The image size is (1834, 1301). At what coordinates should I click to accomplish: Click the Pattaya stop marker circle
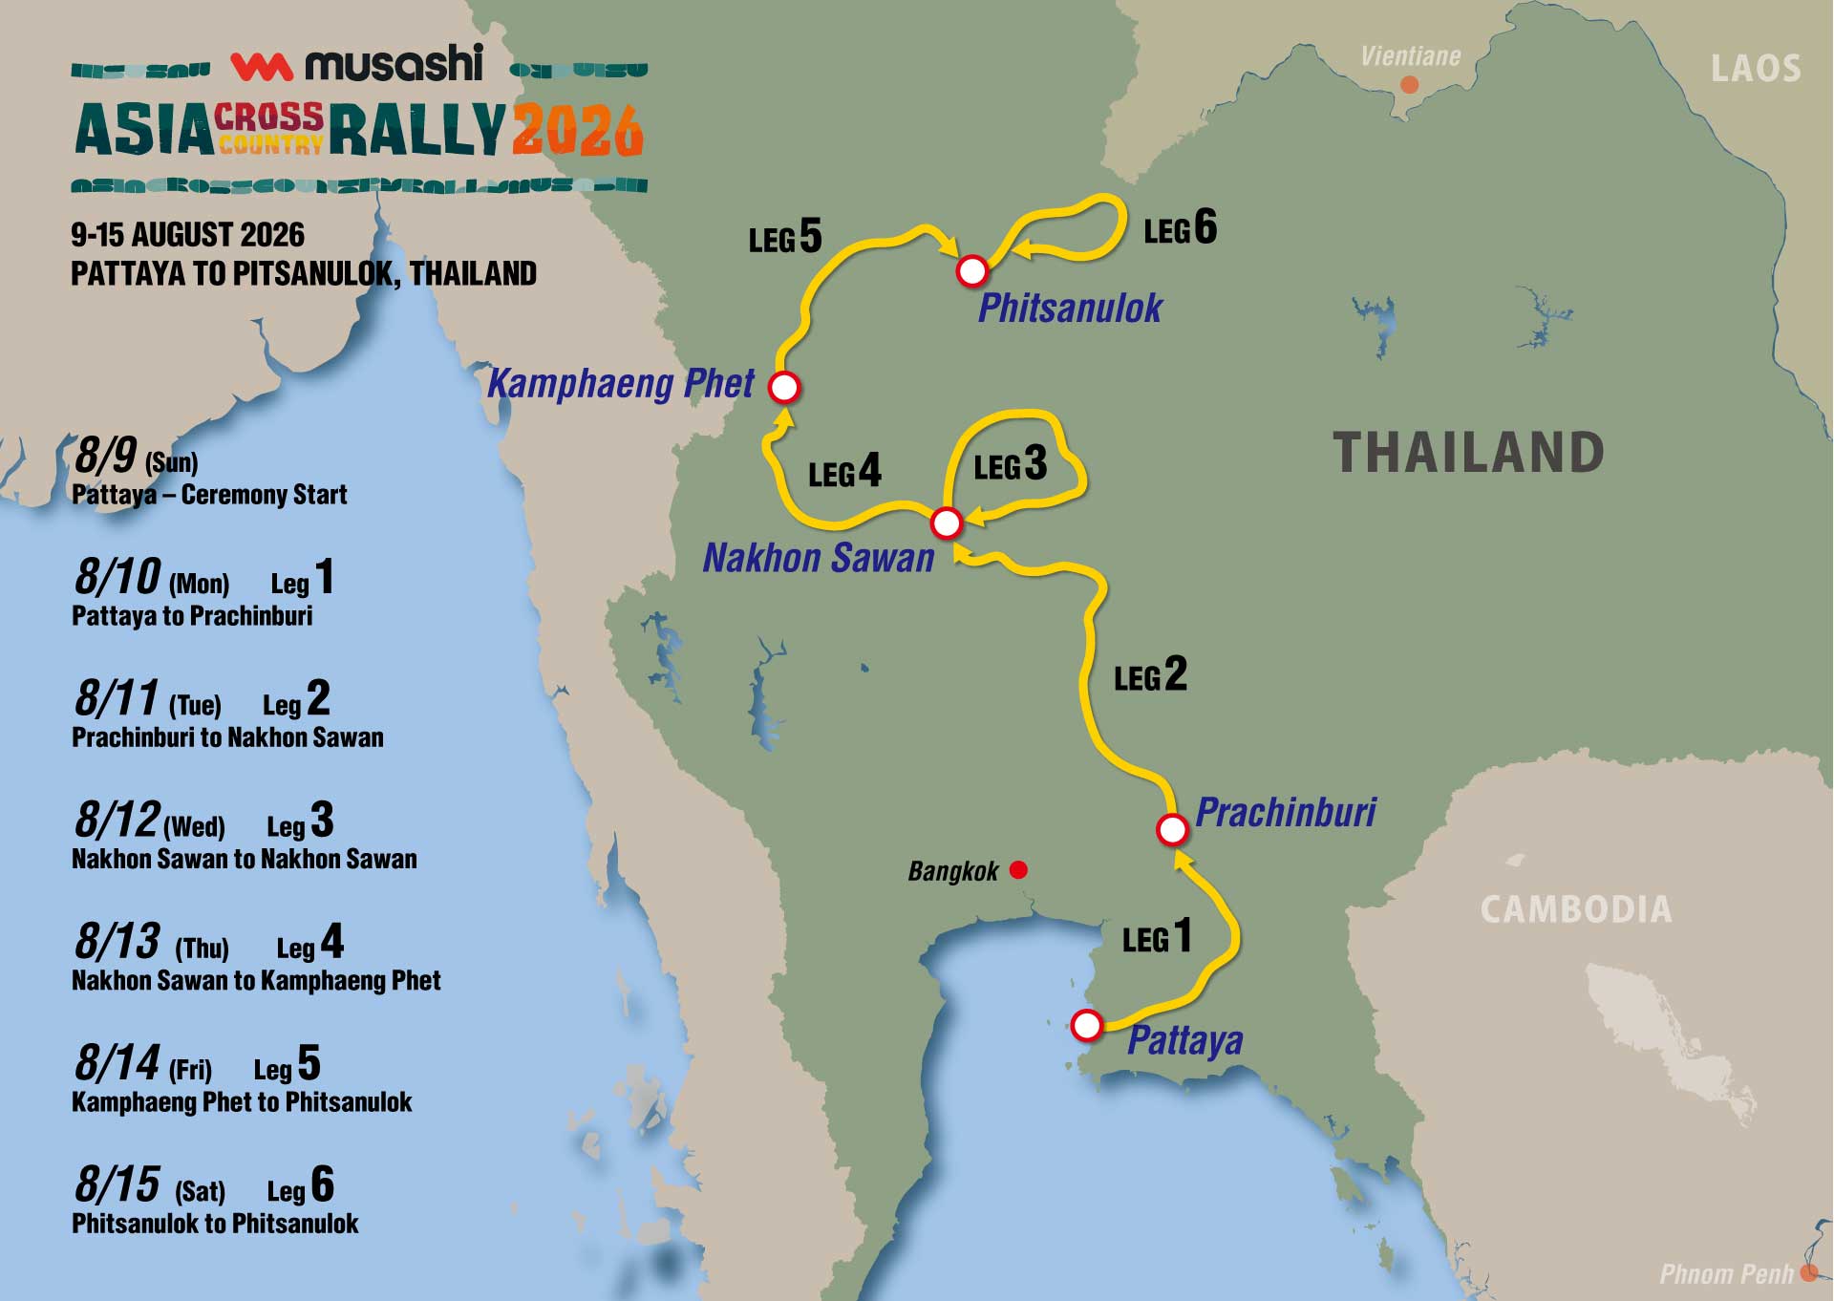(x=1086, y=1025)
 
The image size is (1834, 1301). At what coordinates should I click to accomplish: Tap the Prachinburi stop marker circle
(x=1172, y=829)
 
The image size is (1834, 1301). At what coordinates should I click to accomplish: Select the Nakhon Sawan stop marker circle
(x=946, y=523)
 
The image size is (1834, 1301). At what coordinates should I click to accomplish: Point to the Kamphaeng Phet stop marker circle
(x=784, y=387)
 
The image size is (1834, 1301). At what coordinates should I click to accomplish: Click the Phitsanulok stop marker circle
(x=971, y=271)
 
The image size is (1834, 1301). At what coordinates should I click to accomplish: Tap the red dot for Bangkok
(x=1018, y=869)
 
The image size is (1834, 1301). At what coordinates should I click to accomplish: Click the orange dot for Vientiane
(x=1408, y=85)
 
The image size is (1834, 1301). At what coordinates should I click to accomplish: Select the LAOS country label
(x=1756, y=69)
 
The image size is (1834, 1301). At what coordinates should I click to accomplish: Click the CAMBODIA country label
(x=1576, y=909)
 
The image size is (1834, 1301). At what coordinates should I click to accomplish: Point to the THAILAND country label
(x=1468, y=453)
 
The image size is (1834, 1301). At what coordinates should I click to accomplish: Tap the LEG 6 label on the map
(x=1181, y=228)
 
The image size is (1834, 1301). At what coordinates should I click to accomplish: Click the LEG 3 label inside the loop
(x=1011, y=464)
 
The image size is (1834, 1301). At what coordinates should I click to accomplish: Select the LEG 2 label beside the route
(x=1150, y=675)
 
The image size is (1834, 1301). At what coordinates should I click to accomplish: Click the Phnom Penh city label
(x=1726, y=1273)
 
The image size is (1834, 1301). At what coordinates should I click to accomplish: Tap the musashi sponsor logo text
(x=394, y=64)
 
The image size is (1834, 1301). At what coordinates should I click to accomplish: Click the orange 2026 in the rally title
(x=577, y=130)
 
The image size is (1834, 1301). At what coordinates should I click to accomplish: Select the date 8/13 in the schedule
(x=117, y=942)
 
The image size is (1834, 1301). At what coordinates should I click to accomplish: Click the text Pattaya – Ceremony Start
(x=209, y=495)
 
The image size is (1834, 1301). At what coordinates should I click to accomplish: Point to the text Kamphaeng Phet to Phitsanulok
(x=242, y=1102)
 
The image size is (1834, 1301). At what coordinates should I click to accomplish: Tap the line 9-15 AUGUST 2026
(x=187, y=235)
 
